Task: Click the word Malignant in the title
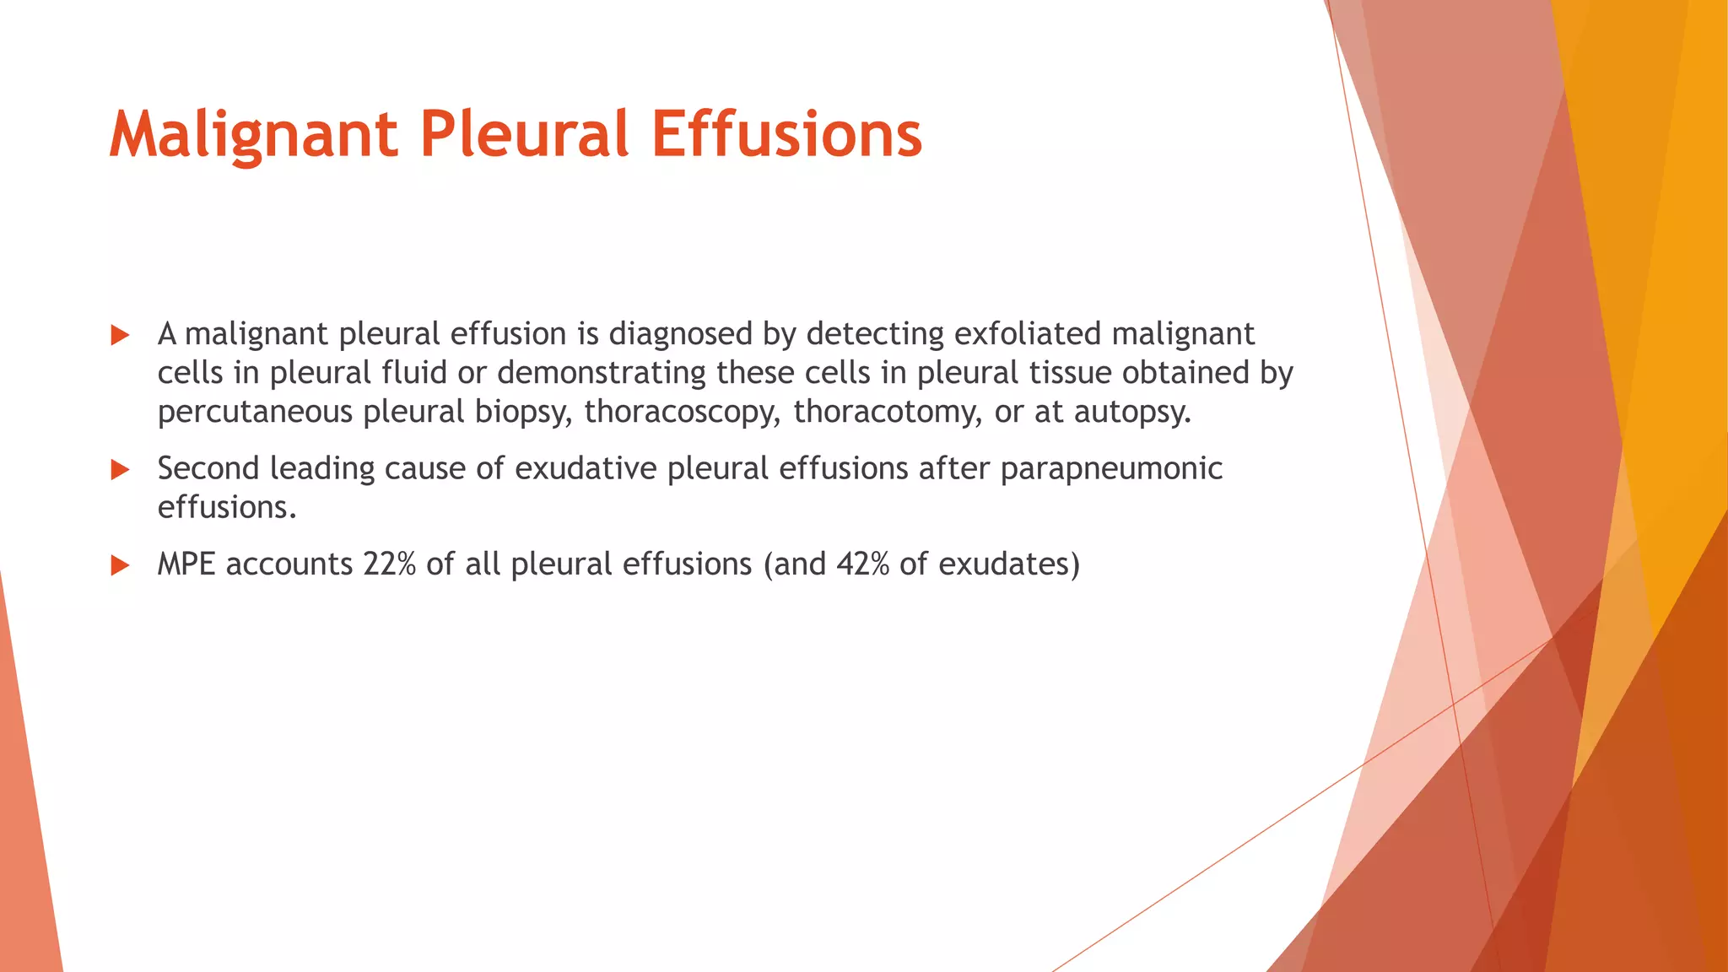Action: [x=253, y=135]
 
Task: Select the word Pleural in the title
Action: [x=524, y=135]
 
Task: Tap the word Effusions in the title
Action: [x=786, y=135]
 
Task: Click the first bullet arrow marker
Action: [x=120, y=336]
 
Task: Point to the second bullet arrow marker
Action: [x=120, y=470]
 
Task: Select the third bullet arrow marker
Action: [x=120, y=565]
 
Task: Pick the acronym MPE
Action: [x=186, y=564]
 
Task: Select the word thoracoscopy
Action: [x=683, y=413]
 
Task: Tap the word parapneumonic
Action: [x=1111, y=469]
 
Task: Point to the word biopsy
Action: [x=523, y=413]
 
